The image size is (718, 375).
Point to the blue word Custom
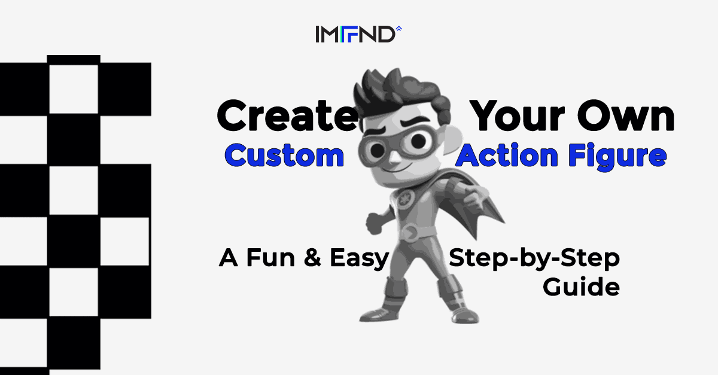tap(284, 156)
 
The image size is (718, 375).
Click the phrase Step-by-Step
tap(534, 259)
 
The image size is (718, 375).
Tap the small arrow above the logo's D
tap(399, 28)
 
